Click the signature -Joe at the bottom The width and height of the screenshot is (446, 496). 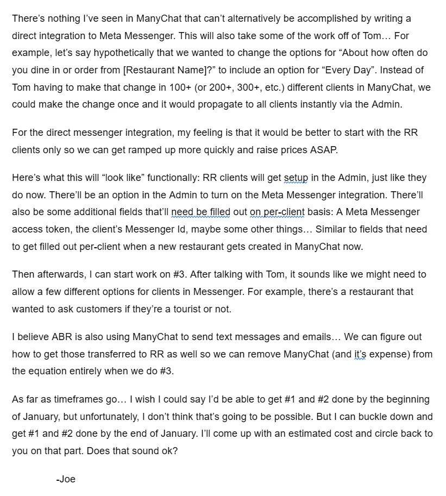click(x=65, y=479)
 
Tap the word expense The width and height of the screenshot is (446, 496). click(x=388, y=354)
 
